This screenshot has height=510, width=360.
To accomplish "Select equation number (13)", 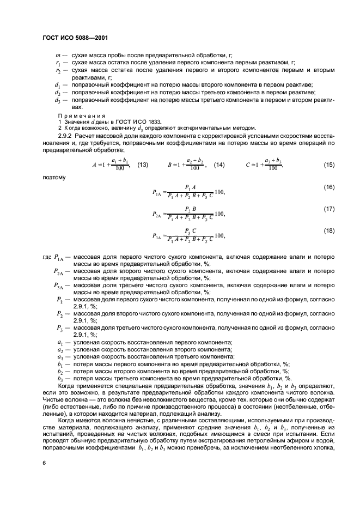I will coord(143,165).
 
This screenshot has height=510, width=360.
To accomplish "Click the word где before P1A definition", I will coord(46,256).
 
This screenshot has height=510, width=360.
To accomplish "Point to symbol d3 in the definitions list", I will coord(57,100).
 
